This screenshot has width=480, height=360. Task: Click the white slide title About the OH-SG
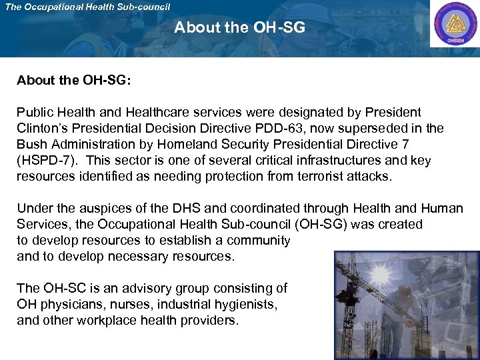tap(239, 28)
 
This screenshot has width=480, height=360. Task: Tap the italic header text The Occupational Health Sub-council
tap(87, 7)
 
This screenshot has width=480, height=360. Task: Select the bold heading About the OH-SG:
tap(74, 81)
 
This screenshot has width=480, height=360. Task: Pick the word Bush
tap(31, 145)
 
